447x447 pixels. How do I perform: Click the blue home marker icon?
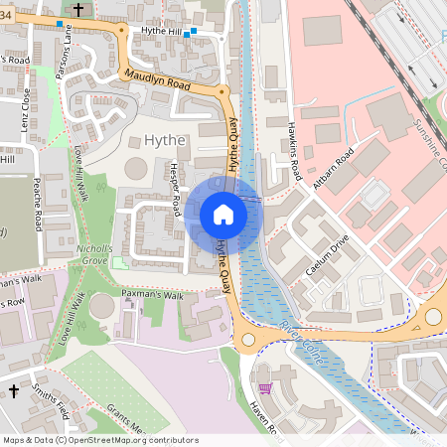tap(223, 214)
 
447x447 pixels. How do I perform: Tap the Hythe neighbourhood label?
tap(165, 141)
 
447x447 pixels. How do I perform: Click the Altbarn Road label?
tap(331, 171)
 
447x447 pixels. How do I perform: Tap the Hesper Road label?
tap(176, 189)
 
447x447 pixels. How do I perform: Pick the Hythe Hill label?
tap(162, 32)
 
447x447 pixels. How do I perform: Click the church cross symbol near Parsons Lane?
tap(79, 9)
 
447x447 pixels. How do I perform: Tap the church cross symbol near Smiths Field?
tap(14, 392)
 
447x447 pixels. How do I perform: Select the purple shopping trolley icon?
tap(264, 388)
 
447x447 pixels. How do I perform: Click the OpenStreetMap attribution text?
tap(100, 440)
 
